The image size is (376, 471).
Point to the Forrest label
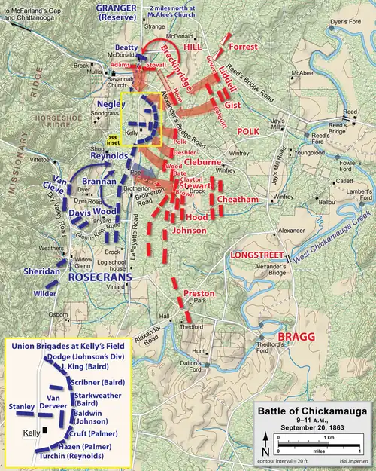[x=243, y=47]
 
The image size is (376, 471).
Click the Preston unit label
[x=199, y=292]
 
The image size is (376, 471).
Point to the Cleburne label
[x=202, y=161]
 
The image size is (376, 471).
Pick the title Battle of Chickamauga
[x=313, y=411]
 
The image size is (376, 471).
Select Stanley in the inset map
[x=21, y=406]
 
